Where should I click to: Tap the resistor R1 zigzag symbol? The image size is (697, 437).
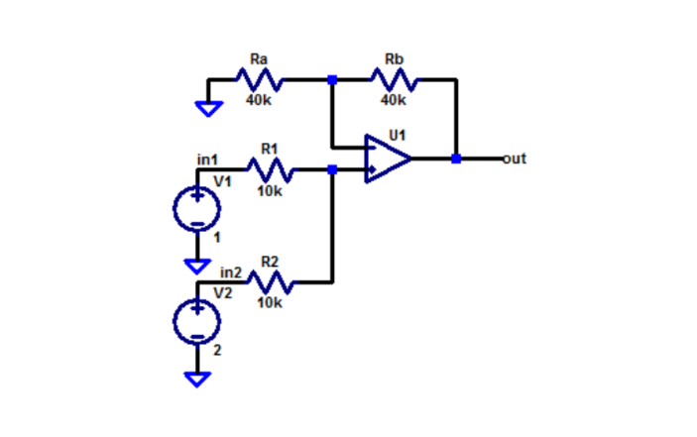pos(269,170)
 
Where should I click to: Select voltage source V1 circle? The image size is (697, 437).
pos(197,208)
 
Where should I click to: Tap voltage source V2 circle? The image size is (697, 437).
pos(197,320)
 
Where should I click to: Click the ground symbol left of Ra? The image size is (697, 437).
pos(208,108)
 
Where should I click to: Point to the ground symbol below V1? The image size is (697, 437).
pos(197,265)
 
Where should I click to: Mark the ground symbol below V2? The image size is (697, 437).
pos(197,379)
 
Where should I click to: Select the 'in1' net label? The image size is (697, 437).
pos(207,159)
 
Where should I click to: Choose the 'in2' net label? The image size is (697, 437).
pos(230,271)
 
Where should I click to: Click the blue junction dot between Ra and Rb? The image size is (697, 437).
pos(332,79)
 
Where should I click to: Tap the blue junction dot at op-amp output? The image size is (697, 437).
pos(456,159)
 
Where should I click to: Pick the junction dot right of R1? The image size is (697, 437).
pos(332,170)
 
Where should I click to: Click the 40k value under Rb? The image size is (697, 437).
pos(394,100)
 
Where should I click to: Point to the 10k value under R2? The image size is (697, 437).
pos(269,303)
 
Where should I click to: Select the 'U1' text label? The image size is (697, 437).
pos(398,132)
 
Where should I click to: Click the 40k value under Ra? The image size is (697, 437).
pos(259,100)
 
